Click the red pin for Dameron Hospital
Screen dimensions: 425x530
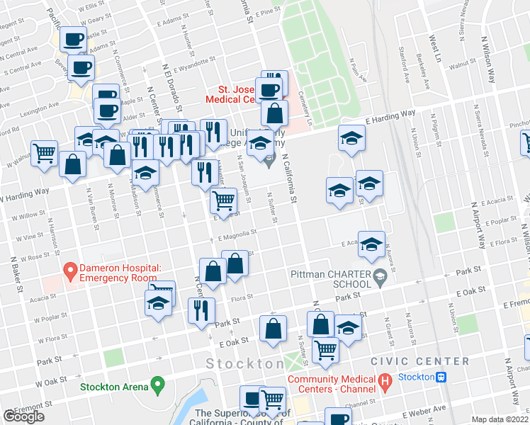[x=70, y=271]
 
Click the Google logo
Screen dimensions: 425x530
[x=23, y=416]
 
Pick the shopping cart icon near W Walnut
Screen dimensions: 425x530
[x=44, y=152]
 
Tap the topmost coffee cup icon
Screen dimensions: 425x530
[x=73, y=39]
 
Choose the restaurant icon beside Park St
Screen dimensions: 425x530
[x=201, y=310]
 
